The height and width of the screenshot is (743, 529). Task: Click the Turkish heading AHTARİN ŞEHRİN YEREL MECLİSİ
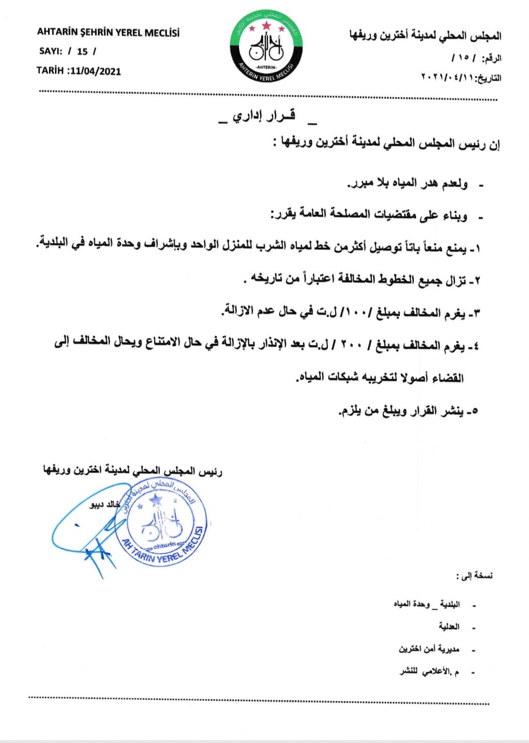108,33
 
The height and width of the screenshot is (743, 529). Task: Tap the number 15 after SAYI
82,51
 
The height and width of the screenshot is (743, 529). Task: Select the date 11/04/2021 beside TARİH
96,71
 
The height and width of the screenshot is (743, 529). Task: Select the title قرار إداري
264,116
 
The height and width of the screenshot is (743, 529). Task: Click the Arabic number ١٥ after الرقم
463,58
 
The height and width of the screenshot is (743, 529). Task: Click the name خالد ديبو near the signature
104,504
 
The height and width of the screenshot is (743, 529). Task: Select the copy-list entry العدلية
449,626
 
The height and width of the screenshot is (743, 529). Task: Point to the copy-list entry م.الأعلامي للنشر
429,671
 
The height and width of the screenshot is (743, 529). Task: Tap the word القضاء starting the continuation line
448,378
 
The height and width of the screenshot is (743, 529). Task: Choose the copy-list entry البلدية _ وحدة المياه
427,604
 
